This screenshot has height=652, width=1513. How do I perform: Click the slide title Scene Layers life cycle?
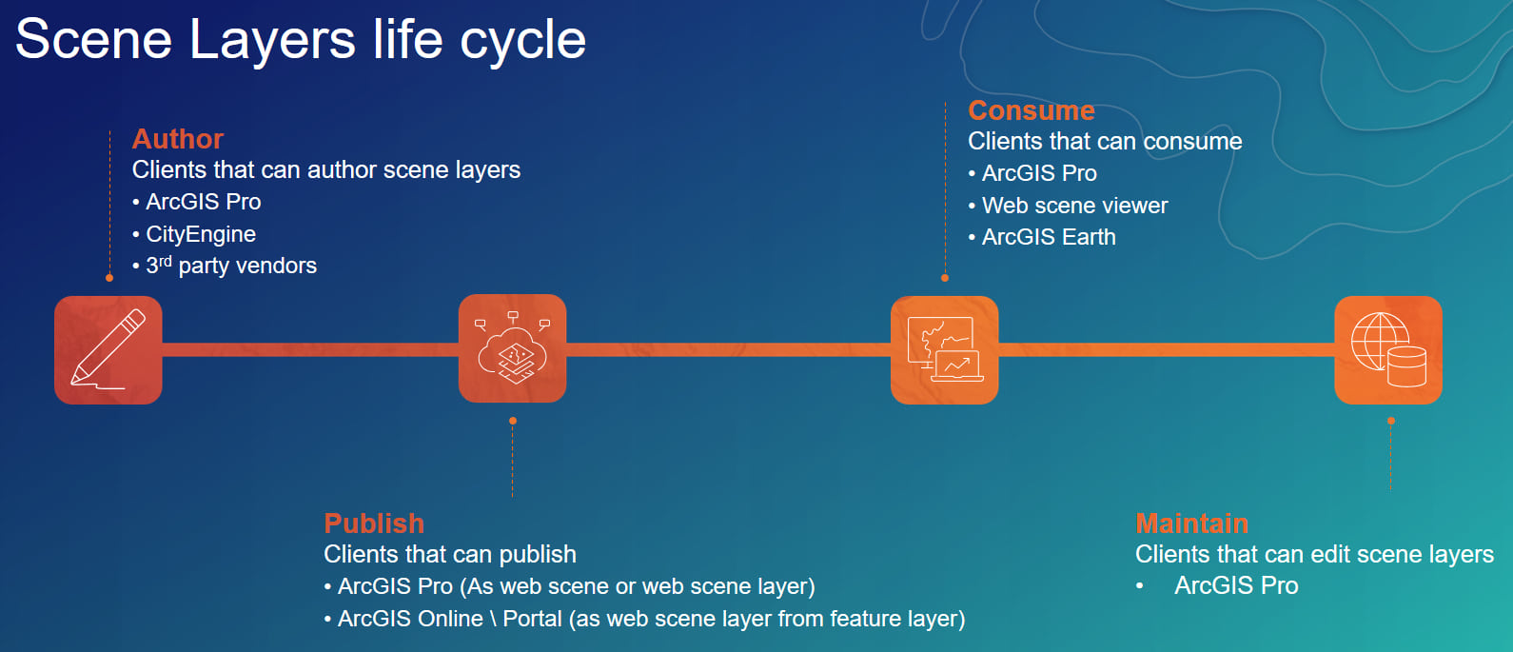click(301, 40)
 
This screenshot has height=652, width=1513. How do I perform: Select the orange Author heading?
click(178, 139)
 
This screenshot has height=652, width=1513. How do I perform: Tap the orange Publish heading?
click(374, 524)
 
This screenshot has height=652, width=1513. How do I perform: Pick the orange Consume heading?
click(1032, 110)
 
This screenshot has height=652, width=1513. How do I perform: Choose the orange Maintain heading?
click(1191, 524)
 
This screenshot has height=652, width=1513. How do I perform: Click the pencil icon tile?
click(108, 349)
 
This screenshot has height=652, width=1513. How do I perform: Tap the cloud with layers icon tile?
click(512, 349)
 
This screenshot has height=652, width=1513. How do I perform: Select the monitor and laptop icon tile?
click(944, 349)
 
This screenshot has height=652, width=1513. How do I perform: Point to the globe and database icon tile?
click(1387, 349)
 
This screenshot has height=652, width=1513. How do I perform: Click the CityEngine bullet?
click(201, 234)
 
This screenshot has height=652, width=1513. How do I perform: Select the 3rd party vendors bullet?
click(231, 266)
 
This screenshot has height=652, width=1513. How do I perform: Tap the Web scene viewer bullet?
click(1074, 206)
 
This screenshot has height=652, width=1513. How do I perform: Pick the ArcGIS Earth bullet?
click(1049, 237)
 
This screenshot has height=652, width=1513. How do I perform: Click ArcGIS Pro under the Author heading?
click(203, 202)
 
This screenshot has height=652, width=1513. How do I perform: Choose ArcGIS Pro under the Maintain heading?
click(1236, 585)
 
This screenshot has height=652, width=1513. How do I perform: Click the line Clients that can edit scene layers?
click(1314, 554)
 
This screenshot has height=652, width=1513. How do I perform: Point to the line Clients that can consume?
click(1105, 142)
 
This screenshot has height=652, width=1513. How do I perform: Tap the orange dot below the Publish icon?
click(513, 421)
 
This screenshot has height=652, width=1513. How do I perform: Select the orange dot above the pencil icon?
click(109, 278)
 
